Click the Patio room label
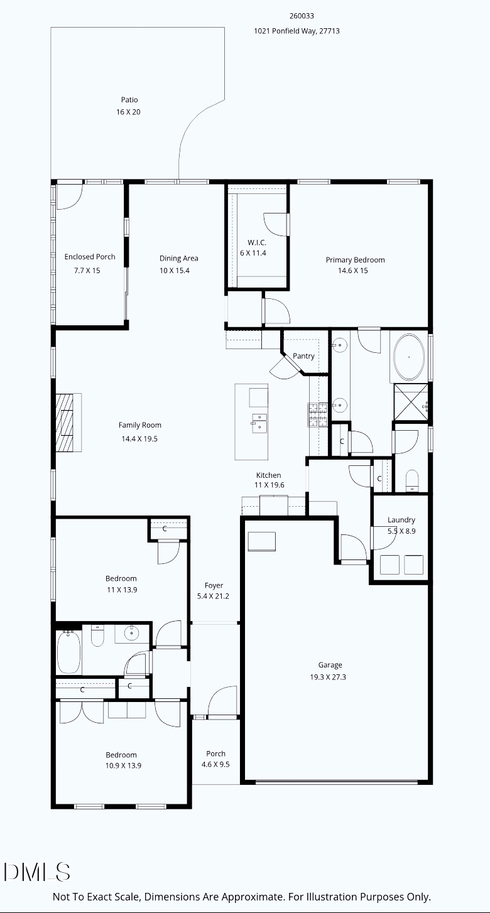(x=129, y=100)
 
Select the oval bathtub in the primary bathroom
(x=409, y=357)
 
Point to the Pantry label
(x=303, y=356)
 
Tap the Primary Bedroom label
(x=355, y=260)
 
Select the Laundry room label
(x=401, y=520)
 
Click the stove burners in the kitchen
(x=317, y=414)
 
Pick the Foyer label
(x=214, y=586)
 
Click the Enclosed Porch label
(x=90, y=257)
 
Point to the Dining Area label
(x=178, y=258)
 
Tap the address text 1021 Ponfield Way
(x=297, y=31)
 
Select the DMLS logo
(x=37, y=872)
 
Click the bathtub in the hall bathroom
(x=68, y=652)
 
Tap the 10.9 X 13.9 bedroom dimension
(x=121, y=765)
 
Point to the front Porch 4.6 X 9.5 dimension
(x=215, y=764)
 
